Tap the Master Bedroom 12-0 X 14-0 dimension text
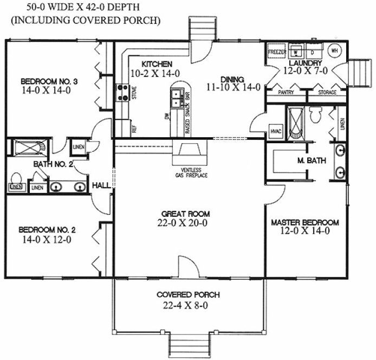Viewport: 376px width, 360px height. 304,230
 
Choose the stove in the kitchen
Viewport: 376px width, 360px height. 121,93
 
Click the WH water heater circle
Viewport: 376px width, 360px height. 334,50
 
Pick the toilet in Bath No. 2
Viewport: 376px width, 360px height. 16,178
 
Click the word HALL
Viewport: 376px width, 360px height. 101,185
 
